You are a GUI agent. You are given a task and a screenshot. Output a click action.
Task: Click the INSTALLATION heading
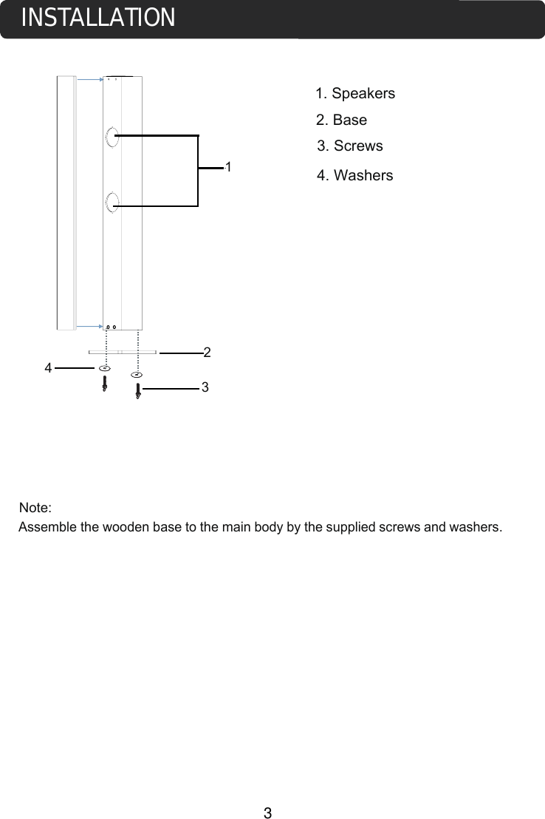coord(98,18)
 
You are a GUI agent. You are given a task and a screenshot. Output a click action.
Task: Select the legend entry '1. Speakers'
coord(354,94)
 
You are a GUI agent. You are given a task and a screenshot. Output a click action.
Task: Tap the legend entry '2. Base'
coord(341,120)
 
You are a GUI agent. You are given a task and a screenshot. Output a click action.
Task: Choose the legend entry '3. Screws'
coord(349,146)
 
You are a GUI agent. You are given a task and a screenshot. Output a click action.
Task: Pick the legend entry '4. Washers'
coord(354,176)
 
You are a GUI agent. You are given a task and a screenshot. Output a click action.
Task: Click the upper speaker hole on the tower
coord(112,137)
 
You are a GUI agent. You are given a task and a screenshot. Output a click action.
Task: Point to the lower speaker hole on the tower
coord(112,201)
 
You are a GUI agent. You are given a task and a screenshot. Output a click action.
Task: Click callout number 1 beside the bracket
coord(229,167)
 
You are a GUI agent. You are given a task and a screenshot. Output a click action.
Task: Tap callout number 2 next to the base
coord(208,353)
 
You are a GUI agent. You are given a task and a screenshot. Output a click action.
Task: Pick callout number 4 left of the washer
coord(48,367)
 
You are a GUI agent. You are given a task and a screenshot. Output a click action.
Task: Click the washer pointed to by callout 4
coord(104,367)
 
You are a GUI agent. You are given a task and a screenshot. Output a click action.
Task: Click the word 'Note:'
coord(35,509)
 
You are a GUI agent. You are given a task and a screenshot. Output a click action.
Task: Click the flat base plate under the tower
coord(122,352)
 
